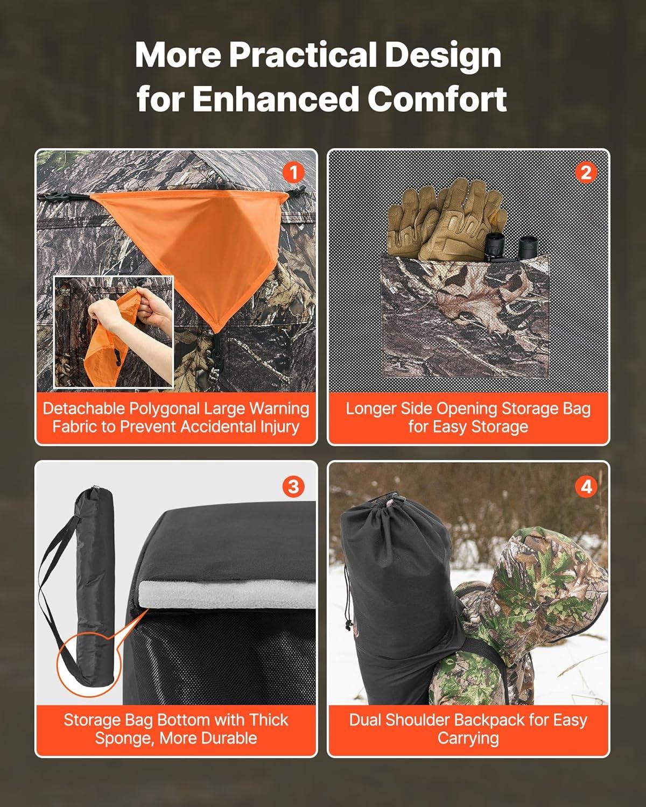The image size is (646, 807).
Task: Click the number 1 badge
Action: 293,173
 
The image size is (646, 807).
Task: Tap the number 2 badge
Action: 586,173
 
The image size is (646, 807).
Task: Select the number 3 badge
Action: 293,487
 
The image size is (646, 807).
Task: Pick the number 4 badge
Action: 586,487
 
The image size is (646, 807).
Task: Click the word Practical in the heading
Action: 303,55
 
